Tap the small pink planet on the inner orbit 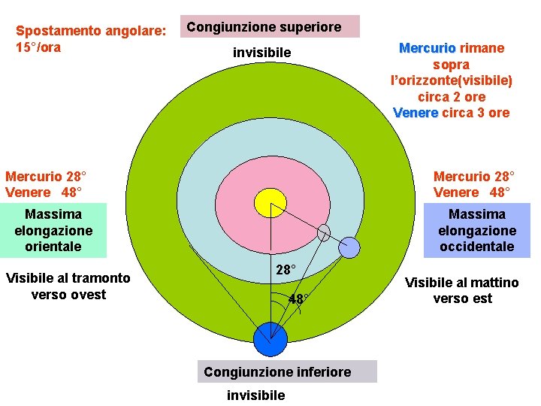tap(324, 232)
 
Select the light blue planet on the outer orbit tap(349, 247)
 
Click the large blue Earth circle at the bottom tap(270, 340)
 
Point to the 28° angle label tap(285, 269)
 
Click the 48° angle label tap(298, 299)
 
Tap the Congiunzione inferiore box tap(277, 371)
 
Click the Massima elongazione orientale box tap(53, 230)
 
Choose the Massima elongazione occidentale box tap(477, 230)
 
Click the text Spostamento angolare tap(91, 31)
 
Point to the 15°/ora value tap(38, 47)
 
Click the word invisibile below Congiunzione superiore tap(261, 53)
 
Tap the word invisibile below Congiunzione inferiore tap(255, 395)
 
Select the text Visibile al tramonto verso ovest tap(68, 286)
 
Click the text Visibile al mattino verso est tap(462, 290)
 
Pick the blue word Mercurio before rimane tap(427, 48)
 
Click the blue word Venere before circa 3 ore tap(416, 113)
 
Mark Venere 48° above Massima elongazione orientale tap(44, 192)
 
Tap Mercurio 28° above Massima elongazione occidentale tap(474, 176)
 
